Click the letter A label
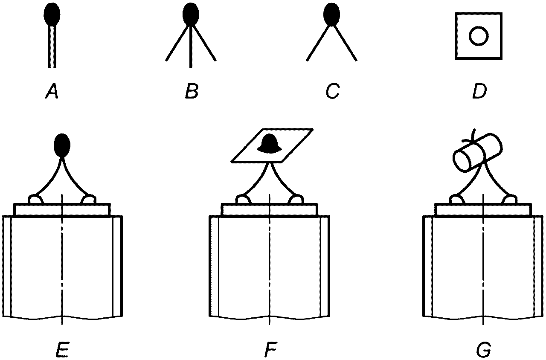(x=52, y=91)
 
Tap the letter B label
(x=192, y=91)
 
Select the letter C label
(x=333, y=91)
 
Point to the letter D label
(x=479, y=91)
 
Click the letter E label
(x=62, y=350)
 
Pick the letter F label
(x=270, y=350)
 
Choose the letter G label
(x=483, y=350)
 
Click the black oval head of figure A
(x=52, y=14)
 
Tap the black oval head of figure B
(x=191, y=14)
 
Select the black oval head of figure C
(x=332, y=14)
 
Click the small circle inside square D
(x=479, y=36)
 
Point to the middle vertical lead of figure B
(x=191, y=46)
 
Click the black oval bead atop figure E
(x=62, y=145)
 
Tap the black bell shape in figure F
(x=270, y=144)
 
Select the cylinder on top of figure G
(x=477, y=153)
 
